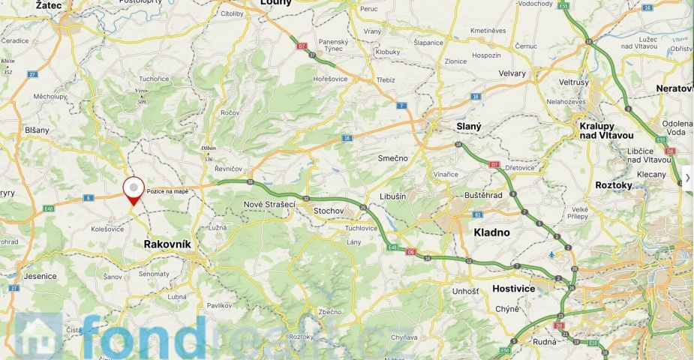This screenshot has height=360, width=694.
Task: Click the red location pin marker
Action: (134, 190)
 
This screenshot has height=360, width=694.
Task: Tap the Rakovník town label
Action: (167, 244)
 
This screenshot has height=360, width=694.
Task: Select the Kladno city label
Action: (491, 232)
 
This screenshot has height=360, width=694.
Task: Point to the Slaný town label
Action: (469, 127)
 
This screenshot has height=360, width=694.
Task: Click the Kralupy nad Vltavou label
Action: (606, 130)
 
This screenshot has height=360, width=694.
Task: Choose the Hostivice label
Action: (513, 288)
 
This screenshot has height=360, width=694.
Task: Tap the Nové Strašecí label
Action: (269, 204)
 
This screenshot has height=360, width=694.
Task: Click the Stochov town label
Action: (328, 211)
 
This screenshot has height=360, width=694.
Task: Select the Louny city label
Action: (275, 3)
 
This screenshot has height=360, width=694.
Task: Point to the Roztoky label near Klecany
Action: (614, 185)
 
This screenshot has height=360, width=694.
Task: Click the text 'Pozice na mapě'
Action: (167, 191)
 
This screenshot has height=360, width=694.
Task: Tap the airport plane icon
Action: (552, 255)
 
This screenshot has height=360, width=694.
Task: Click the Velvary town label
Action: (512, 73)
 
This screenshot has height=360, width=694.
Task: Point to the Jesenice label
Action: (40, 276)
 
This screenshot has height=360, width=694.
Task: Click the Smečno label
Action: (392, 158)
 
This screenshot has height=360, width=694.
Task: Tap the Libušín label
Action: (392, 196)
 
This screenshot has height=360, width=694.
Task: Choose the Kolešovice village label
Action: (107, 229)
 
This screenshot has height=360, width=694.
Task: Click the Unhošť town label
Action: (465, 291)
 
